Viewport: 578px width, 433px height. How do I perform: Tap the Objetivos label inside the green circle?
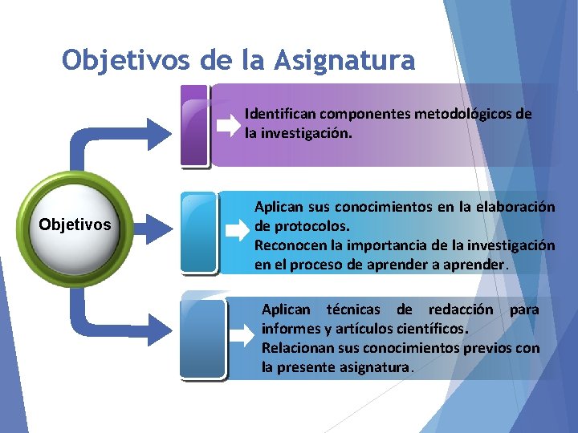tap(75, 225)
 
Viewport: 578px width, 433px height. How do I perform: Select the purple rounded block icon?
tap(195, 126)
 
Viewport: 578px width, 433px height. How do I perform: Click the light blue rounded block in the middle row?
tap(199, 232)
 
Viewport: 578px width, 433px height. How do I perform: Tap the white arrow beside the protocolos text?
tap(237, 232)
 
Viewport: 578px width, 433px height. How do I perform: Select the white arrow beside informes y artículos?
tap(241, 336)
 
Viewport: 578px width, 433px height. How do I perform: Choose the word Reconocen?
tap(289, 245)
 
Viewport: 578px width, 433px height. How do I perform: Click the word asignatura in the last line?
tap(375, 368)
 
